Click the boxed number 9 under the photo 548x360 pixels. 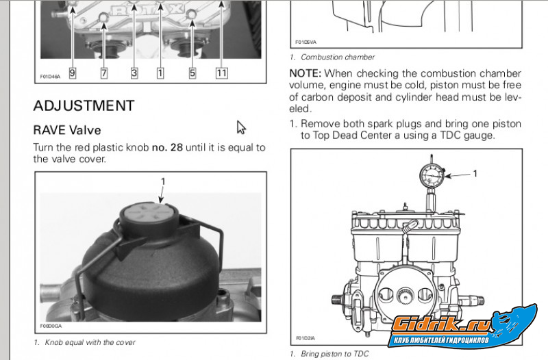(x=73, y=73)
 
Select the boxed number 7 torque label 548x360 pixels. (x=104, y=73)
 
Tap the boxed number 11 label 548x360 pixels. (x=221, y=73)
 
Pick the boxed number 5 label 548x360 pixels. (x=192, y=73)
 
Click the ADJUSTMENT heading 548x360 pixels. (x=84, y=106)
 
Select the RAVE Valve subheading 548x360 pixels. (x=67, y=130)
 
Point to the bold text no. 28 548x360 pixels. (x=167, y=147)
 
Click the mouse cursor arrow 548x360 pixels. (x=241, y=127)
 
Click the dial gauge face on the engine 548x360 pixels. (x=432, y=175)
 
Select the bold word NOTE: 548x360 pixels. (x=305, y=73)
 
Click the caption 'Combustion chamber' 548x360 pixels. (x=338, y=57)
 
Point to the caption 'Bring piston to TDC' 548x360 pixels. (x=335, y=354)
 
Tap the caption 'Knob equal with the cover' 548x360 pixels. (x=90, y=342)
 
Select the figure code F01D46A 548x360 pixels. (x=50, y=77)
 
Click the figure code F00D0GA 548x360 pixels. (x=51, y=326)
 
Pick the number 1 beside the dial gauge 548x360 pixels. (x=475, y=173)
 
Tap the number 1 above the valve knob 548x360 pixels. (x=163, y=181)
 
